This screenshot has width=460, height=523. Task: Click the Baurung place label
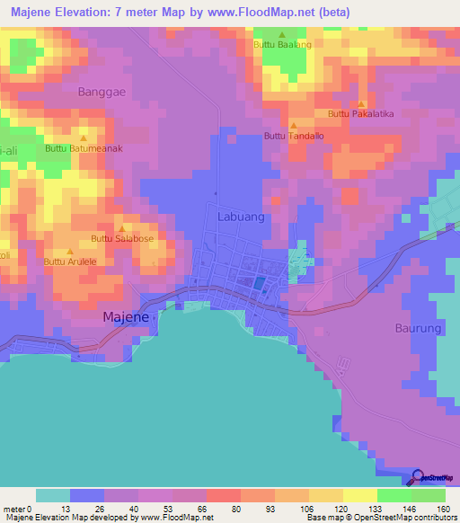pyautogui.click(x=418, y=328)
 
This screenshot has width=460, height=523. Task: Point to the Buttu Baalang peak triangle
pyautogui.click(x=281, y=35)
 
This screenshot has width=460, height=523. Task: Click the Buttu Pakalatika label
pyautogui.click(x=361, y=114)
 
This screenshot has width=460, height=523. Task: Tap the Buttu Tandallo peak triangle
pyautogui.click(x=293, y=125)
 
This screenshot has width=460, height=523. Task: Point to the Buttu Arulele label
pyautogui.click(x=70, y=261)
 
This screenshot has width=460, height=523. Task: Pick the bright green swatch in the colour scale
pyautogui.click(x=394, y=495)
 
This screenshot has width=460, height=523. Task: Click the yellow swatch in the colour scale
pyautogui.click(x=359, y=495)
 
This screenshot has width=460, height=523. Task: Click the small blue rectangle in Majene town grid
pyautogui.click(x=259, y=284)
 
